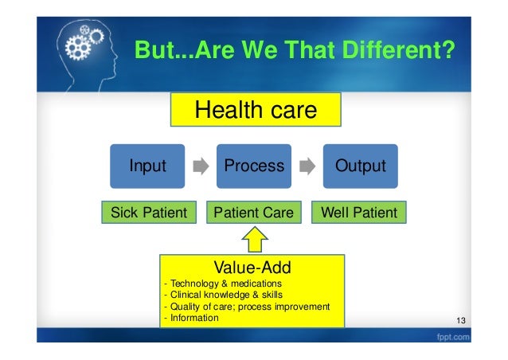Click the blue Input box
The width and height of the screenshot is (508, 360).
point(148,166)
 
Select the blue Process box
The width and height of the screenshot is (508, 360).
point(254,166)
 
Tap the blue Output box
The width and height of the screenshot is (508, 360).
point(360,166)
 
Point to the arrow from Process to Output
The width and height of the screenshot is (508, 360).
point(307,167)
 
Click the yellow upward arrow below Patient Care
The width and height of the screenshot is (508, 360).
point(254,238)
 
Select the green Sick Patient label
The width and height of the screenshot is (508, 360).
point(148,213)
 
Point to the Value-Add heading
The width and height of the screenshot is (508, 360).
point(252,266)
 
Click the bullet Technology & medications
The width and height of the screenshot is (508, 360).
point(222,284)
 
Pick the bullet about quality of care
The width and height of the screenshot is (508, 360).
point(246,307)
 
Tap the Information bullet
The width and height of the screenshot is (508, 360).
point(190,318)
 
